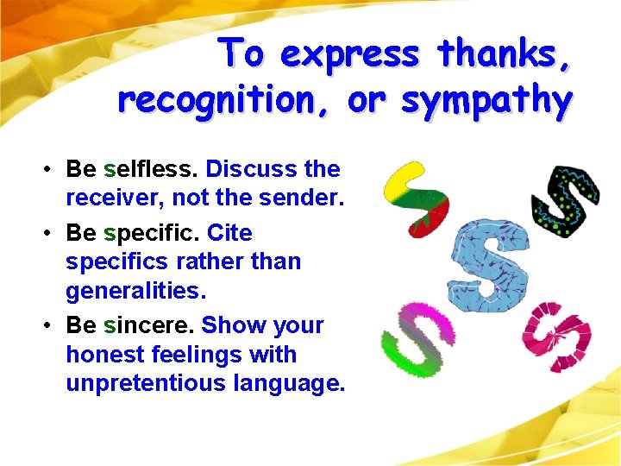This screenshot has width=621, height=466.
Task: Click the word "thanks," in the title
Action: coord(504,54)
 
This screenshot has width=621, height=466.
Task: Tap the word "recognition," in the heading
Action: coord(227,101)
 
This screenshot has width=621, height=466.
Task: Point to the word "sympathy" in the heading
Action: coord(486,101)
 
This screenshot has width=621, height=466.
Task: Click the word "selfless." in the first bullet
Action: coord(150,169)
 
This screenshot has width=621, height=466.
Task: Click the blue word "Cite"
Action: coord(229,233)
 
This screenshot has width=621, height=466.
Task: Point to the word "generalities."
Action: coord(136,291)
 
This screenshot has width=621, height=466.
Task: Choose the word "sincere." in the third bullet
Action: coord(148,325)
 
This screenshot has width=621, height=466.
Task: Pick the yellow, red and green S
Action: coord(417,198)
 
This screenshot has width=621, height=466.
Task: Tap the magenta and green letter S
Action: coord(417,335)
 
